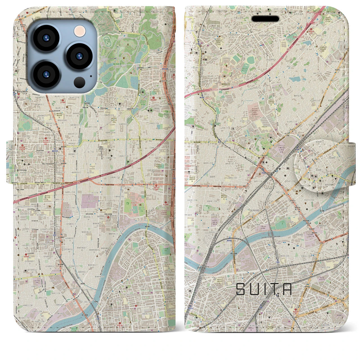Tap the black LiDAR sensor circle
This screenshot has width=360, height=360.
tap(80, 82)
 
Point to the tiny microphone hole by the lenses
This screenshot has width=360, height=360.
tap(91, 75)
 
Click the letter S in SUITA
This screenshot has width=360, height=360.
tap(242, 289)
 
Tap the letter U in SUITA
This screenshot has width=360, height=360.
tap(255, 289)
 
